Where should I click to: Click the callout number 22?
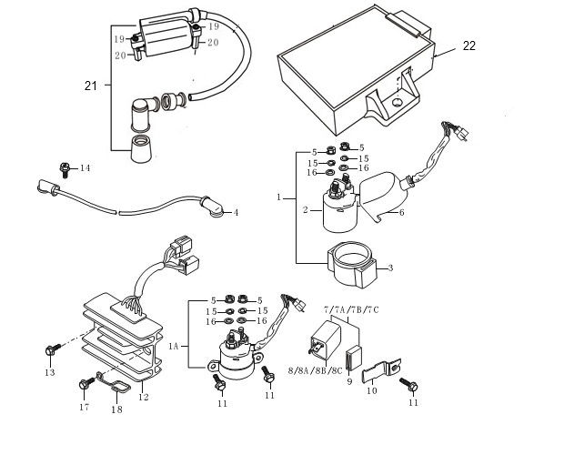coord(469,46)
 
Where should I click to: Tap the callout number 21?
coord(91,86)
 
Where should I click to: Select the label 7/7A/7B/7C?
coord(351,309)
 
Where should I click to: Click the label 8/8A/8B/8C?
coord(315,371)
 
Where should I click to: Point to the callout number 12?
coord(143,397)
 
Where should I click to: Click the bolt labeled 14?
coord(65,170)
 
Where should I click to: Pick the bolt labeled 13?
coord(53,349)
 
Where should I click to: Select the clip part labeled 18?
coord(114,383)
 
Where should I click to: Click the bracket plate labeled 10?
coord(381,371)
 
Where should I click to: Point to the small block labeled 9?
coord(354,358)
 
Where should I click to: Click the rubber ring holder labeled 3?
coord(352,265)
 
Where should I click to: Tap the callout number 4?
coord(236,213)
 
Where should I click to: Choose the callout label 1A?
coord(174,347)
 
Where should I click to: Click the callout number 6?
coord(401,213)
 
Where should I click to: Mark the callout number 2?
coord(306,209)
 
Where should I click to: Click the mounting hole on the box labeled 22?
coord(398,103)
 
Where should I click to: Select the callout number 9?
coord(349,381)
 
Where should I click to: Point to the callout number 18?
coord(117,409)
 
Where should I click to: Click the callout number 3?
coord(390,268)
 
